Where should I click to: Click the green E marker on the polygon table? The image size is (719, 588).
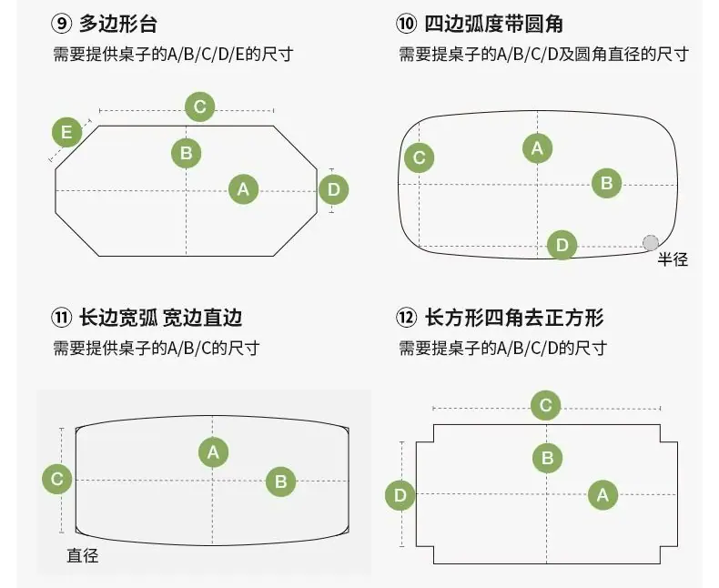pos(66,132)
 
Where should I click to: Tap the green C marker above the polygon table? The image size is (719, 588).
pos(199,106)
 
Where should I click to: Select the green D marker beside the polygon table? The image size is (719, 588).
pos(333,189)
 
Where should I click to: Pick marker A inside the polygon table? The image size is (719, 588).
pos(243,189)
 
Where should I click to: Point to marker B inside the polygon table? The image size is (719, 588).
pos(187,153)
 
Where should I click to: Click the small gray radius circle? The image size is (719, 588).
pos(651,243)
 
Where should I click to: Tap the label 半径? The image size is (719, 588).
pos(673,259)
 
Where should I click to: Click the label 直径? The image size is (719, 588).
pos(83,556)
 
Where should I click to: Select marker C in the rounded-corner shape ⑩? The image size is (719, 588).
pos(419,157)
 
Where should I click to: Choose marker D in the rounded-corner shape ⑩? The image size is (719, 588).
pos(562,245)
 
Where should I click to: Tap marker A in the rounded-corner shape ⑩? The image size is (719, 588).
pos(537,148)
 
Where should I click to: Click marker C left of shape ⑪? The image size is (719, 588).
pos(56,480)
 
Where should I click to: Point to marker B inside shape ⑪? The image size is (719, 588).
pos(280,482)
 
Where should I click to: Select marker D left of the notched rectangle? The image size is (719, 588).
pos(400,495)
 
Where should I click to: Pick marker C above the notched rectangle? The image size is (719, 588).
pos(546,405)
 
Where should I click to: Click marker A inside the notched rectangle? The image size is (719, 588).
pos(603,495)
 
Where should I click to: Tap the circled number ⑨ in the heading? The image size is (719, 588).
pos(62,24)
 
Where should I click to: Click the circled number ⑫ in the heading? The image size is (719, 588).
pos(406,318)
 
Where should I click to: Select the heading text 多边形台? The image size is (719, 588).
pos(118,24)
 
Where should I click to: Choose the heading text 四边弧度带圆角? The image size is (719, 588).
pos(494,24)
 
